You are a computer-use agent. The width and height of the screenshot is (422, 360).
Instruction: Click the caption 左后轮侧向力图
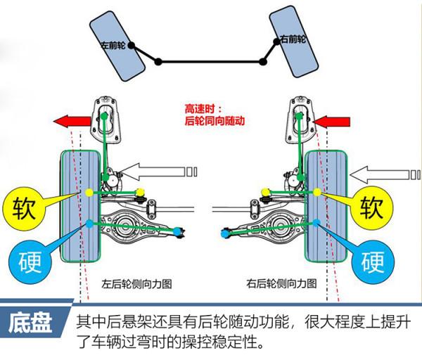(x=137, y=285)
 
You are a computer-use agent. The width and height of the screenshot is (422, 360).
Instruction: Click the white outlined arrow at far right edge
(x=387, y=171)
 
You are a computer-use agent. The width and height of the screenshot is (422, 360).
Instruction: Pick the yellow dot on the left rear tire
(x=89, y=192)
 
